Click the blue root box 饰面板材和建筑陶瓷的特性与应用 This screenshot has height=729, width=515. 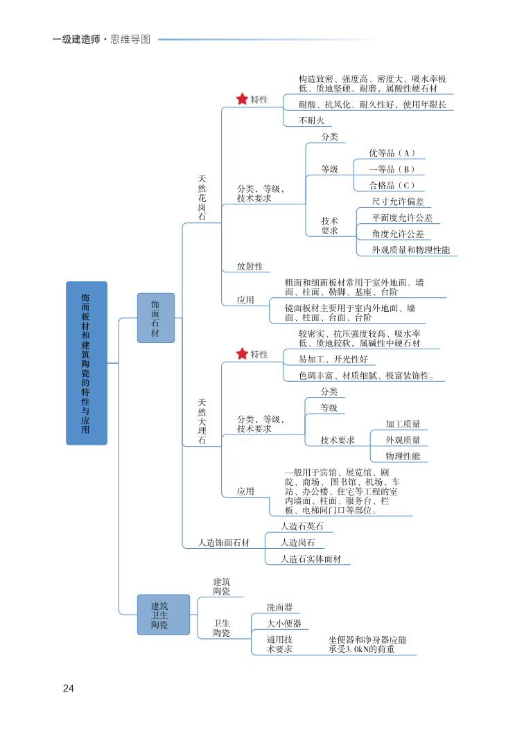87,362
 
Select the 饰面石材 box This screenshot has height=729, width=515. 155,317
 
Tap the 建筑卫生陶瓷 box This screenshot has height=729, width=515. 162,615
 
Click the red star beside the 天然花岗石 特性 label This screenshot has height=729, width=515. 242,99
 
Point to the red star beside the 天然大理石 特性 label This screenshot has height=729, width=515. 242,354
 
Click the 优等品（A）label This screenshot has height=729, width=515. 392,152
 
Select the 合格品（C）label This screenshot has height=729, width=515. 392,185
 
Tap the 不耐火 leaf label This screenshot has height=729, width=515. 311,120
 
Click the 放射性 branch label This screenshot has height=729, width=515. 250,265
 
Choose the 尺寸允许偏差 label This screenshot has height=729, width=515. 398,202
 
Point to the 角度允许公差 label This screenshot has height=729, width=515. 398,234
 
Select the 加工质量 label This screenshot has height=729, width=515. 403,423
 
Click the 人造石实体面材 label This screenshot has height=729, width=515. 311,559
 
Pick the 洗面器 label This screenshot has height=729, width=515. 279,607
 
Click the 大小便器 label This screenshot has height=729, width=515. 283,623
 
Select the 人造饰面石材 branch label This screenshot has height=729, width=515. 223,543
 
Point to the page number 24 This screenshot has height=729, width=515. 68,688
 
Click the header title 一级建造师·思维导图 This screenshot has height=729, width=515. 101,39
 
